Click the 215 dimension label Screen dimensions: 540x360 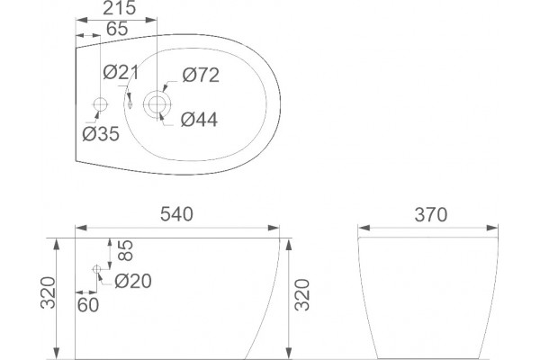tap(119, 8)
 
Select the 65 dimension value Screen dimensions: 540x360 tap(117, 29)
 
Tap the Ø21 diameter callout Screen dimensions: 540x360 tap(121, 72)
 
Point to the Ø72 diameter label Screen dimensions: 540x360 tap(201, 75)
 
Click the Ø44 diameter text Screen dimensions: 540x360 tap(199, 120)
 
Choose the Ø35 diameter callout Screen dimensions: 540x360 tap(101, 134)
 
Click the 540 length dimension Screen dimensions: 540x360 tap(176, 214)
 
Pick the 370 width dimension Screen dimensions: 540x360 tap(431, 214)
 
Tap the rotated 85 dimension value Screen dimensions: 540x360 tap(125, 250)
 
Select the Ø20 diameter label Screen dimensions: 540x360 tap(133, 281)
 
